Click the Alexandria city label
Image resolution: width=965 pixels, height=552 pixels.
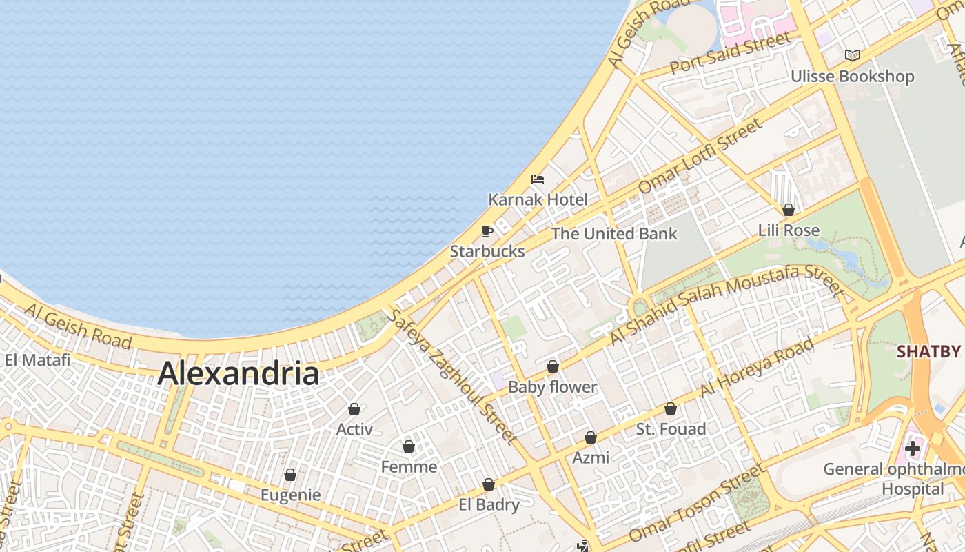click(x=238, y=374)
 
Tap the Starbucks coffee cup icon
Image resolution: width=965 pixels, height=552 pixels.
click(x=487, y=231)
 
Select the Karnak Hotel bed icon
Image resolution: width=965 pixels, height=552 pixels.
click(x=538, y=179)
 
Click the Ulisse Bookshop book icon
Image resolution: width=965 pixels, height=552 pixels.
click(x=853, y=55)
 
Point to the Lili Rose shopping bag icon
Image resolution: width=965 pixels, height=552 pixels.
click(x=789, y=210)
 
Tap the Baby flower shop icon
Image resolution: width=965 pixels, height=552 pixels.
click(x=552, y=366)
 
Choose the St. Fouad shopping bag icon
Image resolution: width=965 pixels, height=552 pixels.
click(x=671, y=408)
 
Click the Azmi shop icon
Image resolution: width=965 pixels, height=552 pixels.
click(x=591, y=437)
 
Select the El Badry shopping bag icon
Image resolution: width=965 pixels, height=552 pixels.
click(x=489, y=484)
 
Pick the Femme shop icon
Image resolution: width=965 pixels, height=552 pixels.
click(x=409, y=446)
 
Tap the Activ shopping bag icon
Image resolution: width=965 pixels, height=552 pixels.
click(x=354, y=409)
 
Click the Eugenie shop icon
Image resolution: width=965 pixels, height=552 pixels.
click(x=290, y=475)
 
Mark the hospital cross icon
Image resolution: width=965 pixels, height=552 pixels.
click(x=913, y=448)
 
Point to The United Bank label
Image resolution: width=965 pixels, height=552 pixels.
click(x=614, y=234)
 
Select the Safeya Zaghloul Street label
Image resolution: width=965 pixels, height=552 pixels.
click(x=452, y=376)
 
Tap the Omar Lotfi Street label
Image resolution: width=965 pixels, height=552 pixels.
click(x=700, y=156)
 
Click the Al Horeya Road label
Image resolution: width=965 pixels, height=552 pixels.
click(x=757, y=367)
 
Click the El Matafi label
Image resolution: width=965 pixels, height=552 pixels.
click(x=37, y=360)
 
